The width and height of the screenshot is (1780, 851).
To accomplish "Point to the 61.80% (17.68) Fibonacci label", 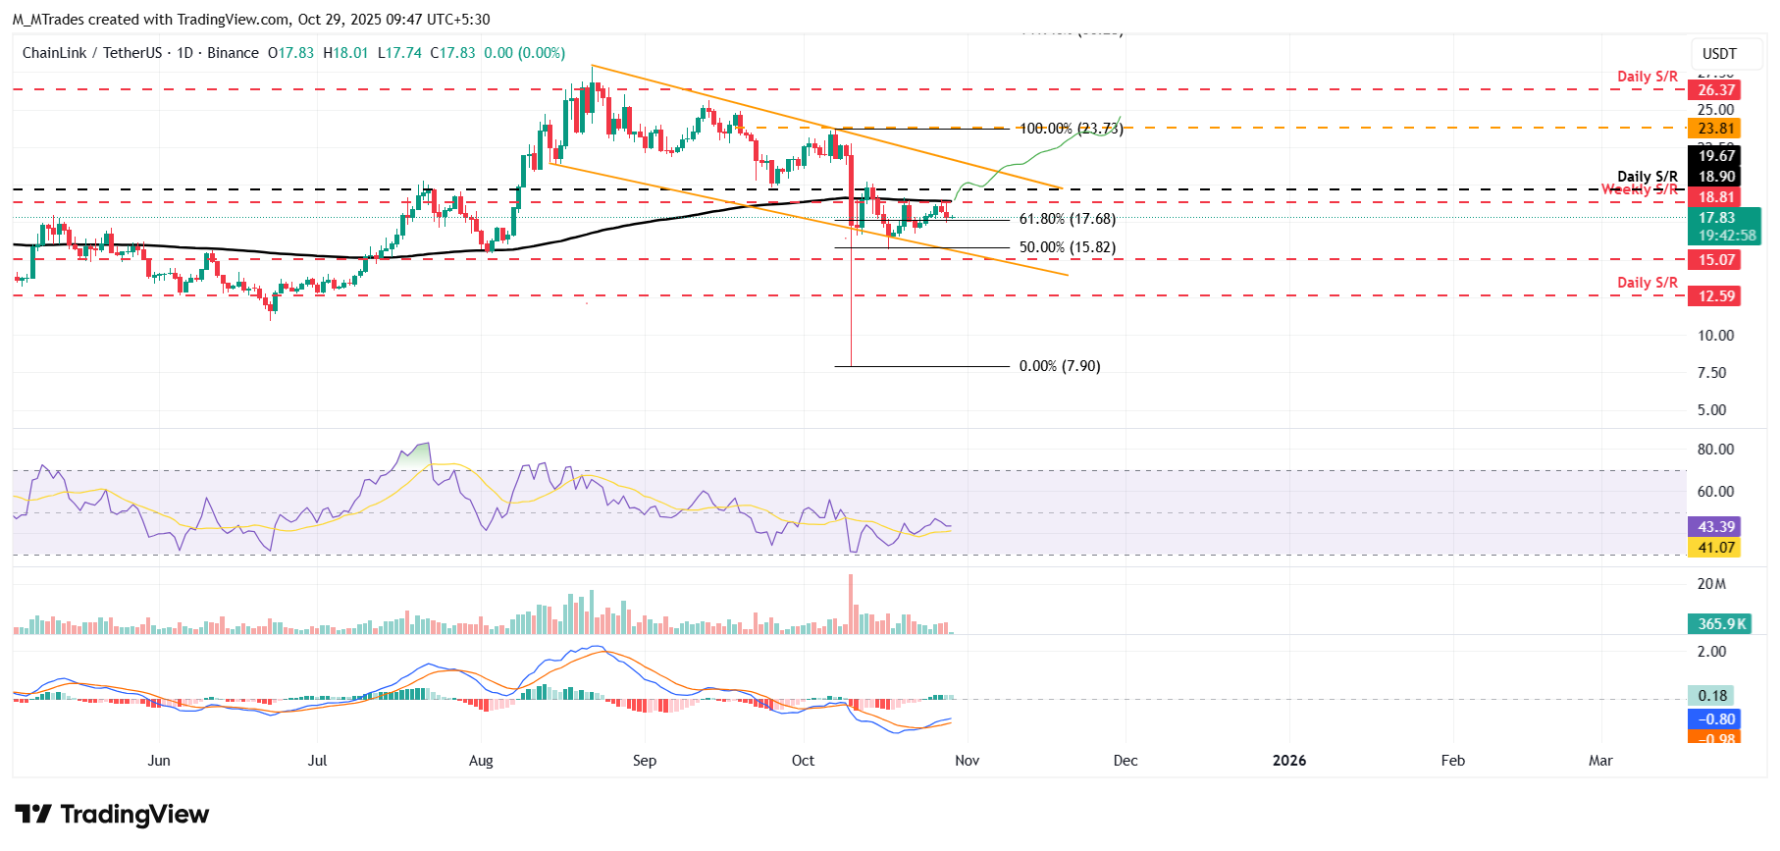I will tap(1067, 220).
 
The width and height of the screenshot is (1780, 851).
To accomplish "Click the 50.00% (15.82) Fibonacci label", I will tap(1067, 248).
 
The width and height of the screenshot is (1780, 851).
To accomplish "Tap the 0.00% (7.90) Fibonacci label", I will tap(1059, 366).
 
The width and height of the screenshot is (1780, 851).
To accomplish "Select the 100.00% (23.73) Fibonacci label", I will tap(1071, 129).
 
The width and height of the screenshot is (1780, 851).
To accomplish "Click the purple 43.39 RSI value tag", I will tap(1714, 527).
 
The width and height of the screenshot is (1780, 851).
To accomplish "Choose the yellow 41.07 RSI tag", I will tap(1714, 548).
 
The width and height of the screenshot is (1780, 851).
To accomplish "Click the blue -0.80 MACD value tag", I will tap(1714, 719).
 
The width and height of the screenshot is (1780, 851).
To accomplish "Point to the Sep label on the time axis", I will tap(644, 761).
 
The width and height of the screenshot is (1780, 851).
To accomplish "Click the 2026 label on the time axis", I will tap(1288, 761).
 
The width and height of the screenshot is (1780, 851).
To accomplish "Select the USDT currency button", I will tap(1718, 54).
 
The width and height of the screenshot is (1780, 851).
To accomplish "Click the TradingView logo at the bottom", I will tap(112, 815).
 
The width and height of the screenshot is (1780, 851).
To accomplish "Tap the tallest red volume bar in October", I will tap(851, 604).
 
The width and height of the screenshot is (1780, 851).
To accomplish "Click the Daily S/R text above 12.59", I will tap(1647, 283).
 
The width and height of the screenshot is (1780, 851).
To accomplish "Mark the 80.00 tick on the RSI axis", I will tap(1715, 450).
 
